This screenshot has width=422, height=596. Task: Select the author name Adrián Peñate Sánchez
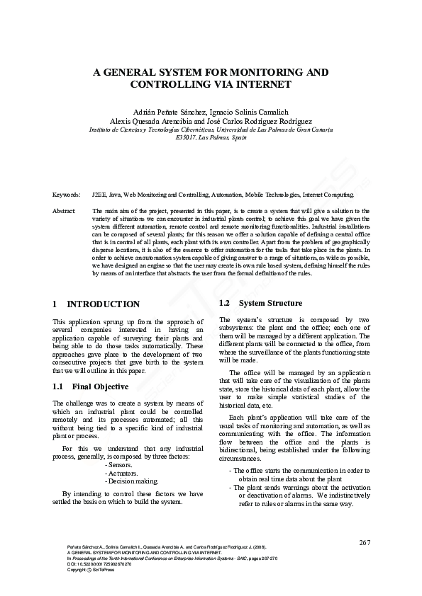[x=168, y=111]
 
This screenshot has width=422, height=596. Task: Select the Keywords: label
[x=66, y=193]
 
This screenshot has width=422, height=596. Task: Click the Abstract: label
[x=65, y=211]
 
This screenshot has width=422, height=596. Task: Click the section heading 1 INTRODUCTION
[x=96, y=304]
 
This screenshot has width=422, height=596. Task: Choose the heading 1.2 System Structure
[x=251, y=303]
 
